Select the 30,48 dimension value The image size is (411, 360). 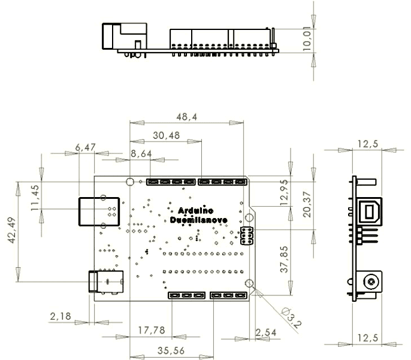[166, 135]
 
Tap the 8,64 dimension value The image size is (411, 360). [141, 154]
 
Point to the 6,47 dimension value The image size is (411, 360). [86, 147]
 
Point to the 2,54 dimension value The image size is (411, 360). [265, 331]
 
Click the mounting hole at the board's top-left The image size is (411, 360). [129, 181]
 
